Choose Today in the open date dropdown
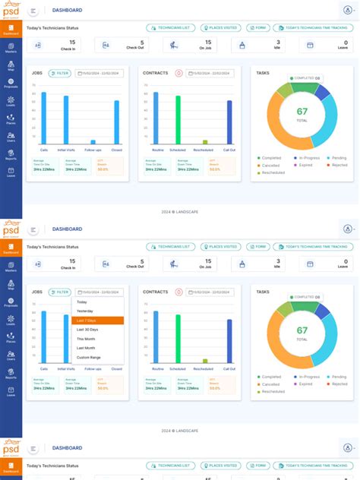point(82,302)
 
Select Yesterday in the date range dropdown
point(85,311)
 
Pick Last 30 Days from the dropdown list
point(87,330)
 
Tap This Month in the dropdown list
point(86,339)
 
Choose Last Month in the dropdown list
point(86,348)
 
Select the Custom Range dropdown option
point(88,357)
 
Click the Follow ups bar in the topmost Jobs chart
point(93,141)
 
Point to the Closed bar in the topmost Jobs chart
point(116,122)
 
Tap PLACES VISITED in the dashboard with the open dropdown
point(221,247)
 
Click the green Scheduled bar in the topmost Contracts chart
point(178,119)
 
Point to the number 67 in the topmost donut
point(302,112)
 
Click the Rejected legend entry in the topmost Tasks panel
point(338,165)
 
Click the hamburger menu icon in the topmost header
point(33,11)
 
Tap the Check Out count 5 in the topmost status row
point(141,43)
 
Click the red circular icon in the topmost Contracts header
point(178,74)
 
